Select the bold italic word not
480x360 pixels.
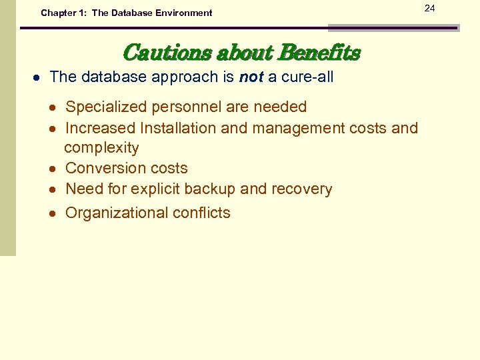(x=251, y=77)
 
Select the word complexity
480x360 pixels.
(x=101, y=148)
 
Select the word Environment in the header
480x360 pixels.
(x=181, y=13)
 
